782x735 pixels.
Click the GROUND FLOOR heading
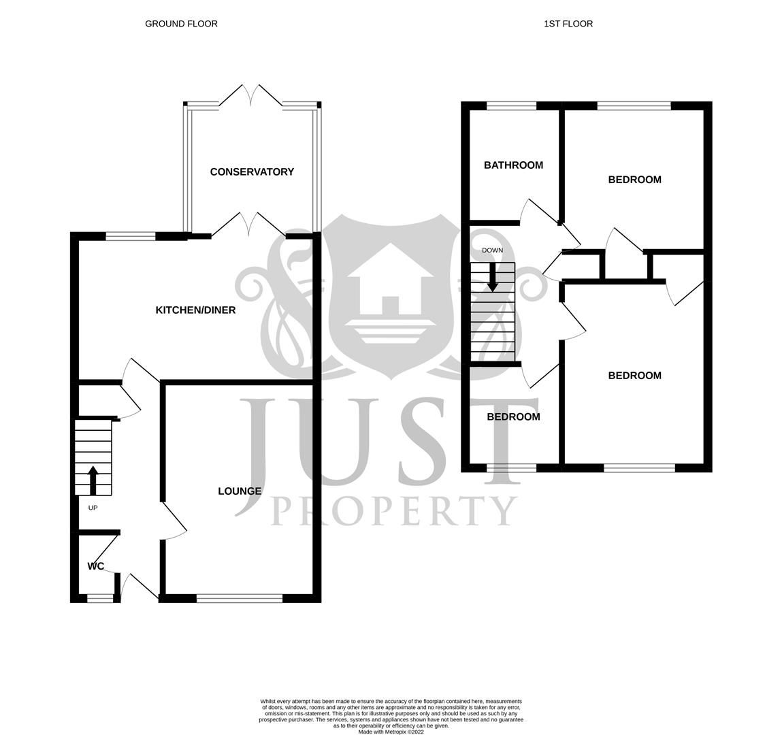tap(181, 24)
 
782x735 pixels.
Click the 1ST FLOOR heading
tap(568, 24)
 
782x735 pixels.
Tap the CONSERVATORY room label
tap(252, 172)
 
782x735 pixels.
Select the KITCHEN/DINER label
tap(196, 310)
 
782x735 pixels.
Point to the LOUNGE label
tap(240, 491)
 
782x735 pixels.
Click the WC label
tap(96, 566)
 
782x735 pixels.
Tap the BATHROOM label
tap(513, 165)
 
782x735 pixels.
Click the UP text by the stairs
tap(93, 508)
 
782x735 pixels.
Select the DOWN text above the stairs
tap(492, 250)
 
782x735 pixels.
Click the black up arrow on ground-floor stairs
tap(93, 479)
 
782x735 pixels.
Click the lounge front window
tap(240, 598)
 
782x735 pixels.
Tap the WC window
tap(100, 598)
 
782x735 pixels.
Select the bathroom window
tap(512, 105)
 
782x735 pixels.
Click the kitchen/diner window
tap(131, 237)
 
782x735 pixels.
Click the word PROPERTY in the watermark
tap(394, 511)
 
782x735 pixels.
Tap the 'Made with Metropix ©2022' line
tap(391, 732)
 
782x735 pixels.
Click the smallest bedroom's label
tap(513, 417)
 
